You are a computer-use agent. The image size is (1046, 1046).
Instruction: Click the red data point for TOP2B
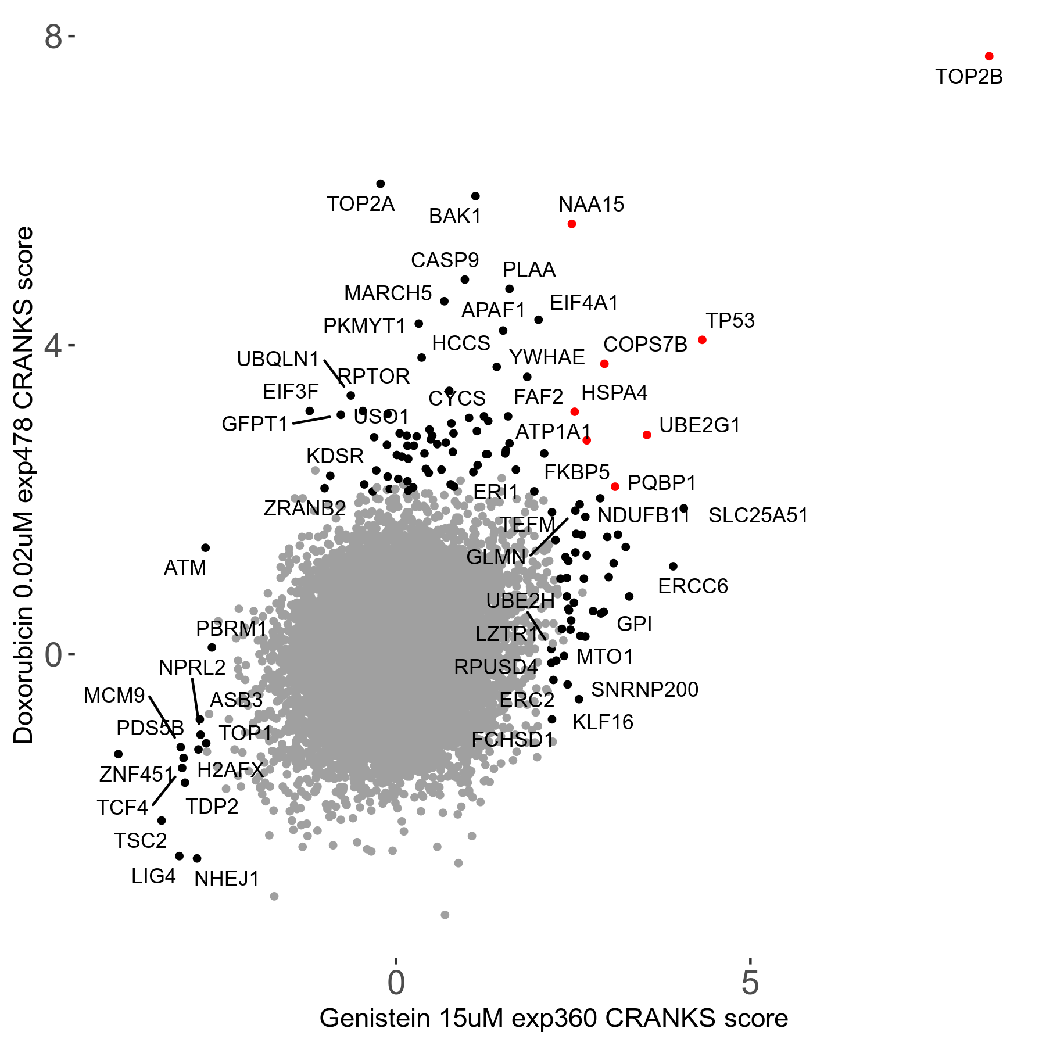(x=989, y=56)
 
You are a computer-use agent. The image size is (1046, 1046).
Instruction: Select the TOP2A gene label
(x=360, y=204)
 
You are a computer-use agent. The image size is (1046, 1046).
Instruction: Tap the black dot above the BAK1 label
(x=475, y=196)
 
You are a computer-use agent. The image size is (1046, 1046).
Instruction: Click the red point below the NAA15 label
(x=572, y=224)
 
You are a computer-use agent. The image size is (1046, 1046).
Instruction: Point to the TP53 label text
(x=730, y=321)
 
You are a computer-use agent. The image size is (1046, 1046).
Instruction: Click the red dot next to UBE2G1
(x=647, y=435)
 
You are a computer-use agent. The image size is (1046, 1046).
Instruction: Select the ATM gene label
(x=185, y=568)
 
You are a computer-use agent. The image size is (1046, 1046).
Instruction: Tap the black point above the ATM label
(x=205, y=548)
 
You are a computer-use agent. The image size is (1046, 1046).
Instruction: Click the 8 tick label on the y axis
(x=53, y=37)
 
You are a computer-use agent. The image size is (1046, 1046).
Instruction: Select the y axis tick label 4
(x=53, y=346)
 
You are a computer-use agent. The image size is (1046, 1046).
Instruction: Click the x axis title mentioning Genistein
(x=553, y=1019)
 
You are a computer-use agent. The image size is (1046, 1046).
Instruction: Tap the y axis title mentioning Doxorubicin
(x=24, y=485)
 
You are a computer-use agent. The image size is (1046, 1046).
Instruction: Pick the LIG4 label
(x=153, y=876)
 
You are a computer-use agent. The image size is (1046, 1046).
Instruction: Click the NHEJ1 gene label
(x=227, y=879)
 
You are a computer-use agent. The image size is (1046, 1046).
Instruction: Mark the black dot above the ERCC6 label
(x=673, y=567)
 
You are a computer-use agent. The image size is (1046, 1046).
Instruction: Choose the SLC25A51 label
(x=758, y=515)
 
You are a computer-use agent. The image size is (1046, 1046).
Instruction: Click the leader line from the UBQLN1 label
(x=334, y=373)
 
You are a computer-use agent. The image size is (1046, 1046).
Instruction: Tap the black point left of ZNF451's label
(x=119, y=754)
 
